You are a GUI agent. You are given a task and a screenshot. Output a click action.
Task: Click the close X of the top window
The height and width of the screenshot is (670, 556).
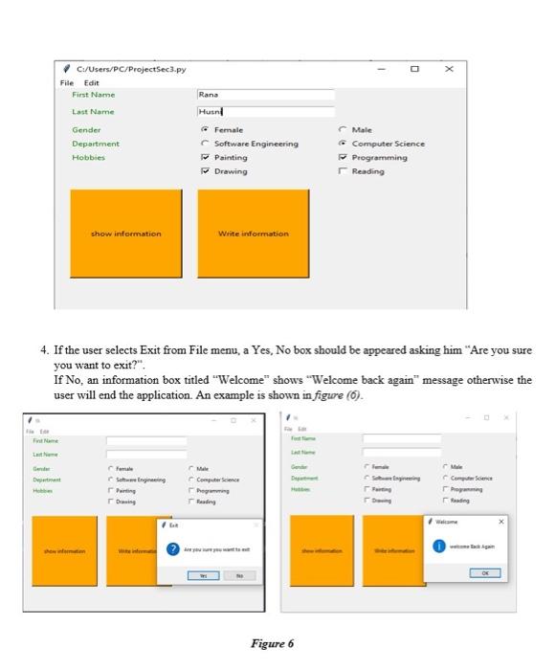pyautogui.click(x=449, y=70)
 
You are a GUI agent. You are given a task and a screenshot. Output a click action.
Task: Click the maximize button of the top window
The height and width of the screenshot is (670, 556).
pyautogui.click(x=413, y=70)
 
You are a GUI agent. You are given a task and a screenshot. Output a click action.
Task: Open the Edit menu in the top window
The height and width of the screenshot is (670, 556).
pyautogui.click(x=93, y=83)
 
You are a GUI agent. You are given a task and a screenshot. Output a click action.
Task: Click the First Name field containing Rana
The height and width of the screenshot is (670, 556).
pyautogui.click(x=265, y=96)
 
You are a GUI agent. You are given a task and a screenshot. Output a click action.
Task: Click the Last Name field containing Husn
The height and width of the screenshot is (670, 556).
pyautogui.click(x=265, y=112)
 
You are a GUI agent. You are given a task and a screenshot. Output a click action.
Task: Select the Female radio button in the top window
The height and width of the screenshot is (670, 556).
pyautogui.click(x=204, y=129)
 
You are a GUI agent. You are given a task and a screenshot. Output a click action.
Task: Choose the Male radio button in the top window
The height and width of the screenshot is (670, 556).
pyautogui.click(x=342, y=129)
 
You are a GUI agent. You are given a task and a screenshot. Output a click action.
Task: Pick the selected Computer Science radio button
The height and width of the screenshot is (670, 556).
pyautogui.click(x=342, y=144)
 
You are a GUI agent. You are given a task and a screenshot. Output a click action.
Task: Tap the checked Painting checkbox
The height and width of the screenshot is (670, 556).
pyautogui.click(x=204, y=157)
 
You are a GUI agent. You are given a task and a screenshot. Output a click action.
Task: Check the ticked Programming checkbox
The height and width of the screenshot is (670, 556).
pyautogui.click(x=342, y=157)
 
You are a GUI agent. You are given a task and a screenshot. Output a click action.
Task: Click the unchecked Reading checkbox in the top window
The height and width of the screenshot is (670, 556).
pyautogui.click(x=342, y=171)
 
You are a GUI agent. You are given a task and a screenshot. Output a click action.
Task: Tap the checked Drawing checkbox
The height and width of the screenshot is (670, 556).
pyautogui.click(x=204, y=171)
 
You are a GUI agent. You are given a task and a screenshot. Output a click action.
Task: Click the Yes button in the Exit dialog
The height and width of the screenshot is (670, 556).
pyautogui.click(x=202, y=577)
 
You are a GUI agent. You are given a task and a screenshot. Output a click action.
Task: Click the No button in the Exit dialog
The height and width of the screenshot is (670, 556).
pyautogui.click(x=238, y=577)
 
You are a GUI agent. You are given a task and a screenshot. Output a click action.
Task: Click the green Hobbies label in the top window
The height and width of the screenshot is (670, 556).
pyautogui.click(x=87, y=157)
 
